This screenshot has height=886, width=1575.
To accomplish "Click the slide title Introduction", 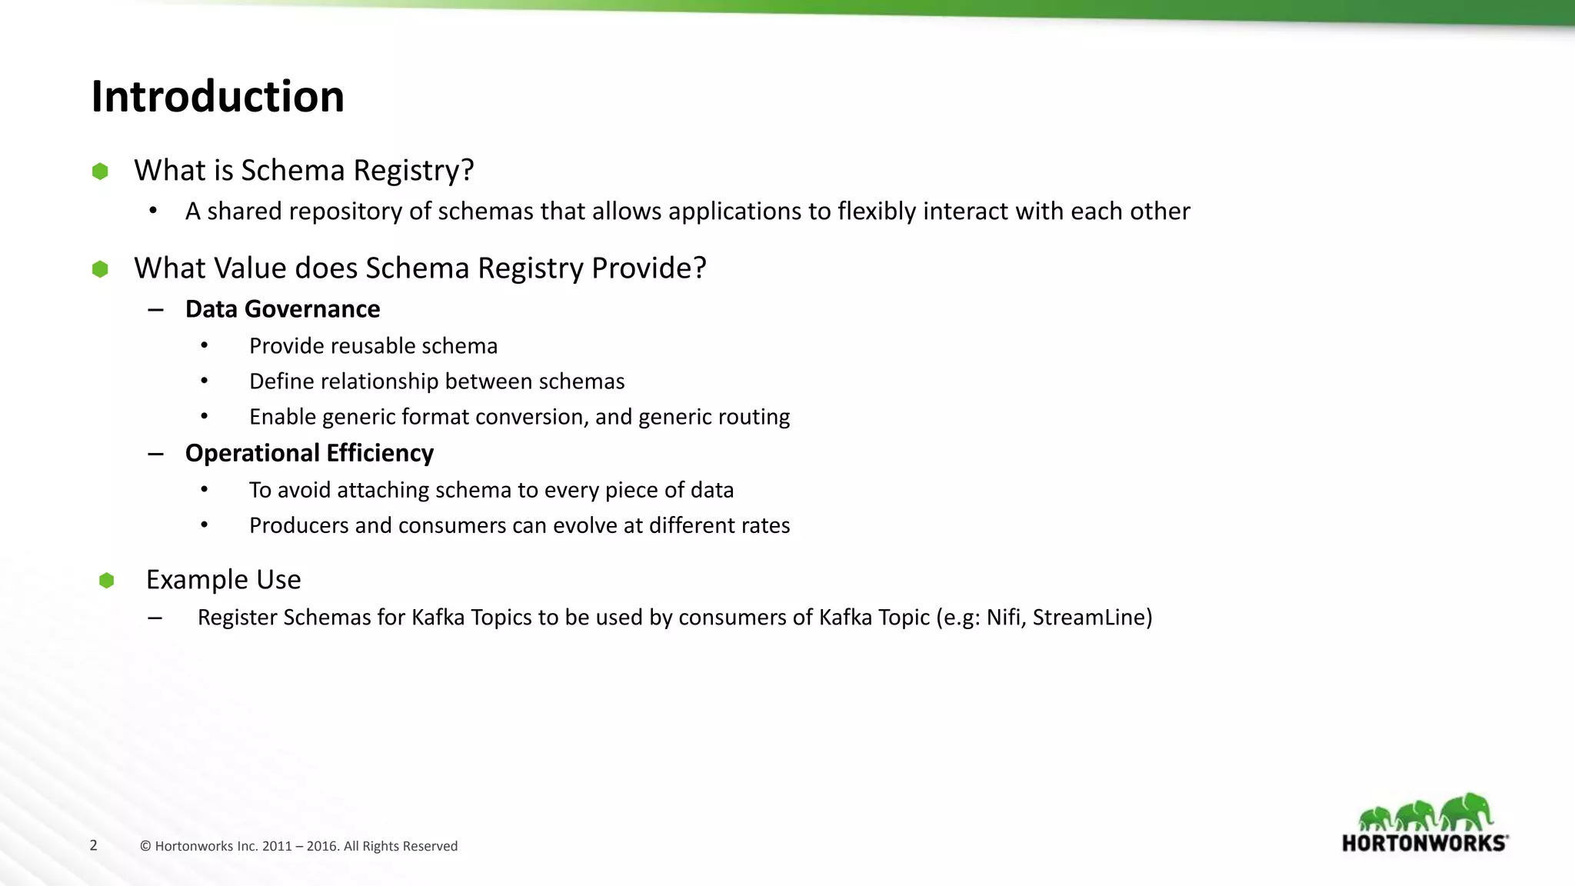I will (x=218, y=97).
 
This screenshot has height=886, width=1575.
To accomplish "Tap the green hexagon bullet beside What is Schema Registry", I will (x=100, y=171).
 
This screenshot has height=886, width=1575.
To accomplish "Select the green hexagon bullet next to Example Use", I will (x=107, y=580).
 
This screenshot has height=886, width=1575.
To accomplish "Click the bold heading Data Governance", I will (x=282, y=309).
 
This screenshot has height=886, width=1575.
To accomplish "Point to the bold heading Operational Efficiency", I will (x=309, y=453).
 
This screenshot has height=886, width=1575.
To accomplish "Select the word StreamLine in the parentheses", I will (x=1088, y=618).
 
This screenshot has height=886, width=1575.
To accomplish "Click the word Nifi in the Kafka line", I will (x=1003, y=618).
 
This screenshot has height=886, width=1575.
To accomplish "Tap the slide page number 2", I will (x=94, y=846).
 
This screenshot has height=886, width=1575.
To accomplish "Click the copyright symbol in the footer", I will (x=145, y=847).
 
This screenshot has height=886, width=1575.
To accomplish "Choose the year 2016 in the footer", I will (x=321, y=847).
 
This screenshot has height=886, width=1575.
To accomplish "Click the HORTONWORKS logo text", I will (x=1424, y=843).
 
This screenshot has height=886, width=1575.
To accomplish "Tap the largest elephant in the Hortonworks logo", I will (x=1467, y=811).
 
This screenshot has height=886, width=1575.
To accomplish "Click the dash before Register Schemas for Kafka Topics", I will (x=155, y=618).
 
